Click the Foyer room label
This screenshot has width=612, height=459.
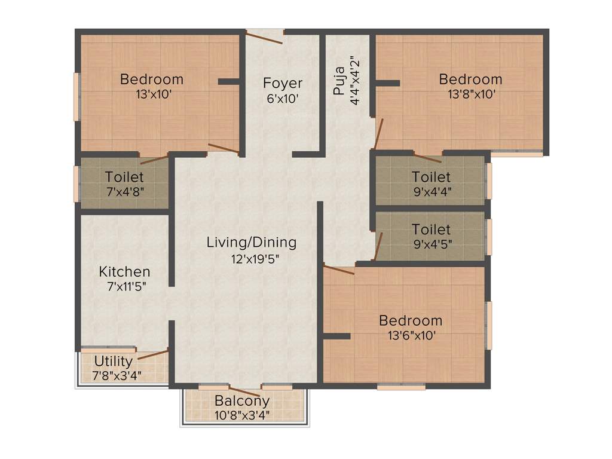click(283, 83)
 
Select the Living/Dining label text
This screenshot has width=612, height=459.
click(251, 242)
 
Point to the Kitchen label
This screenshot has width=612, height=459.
click(124, 271)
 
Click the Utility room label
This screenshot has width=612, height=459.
click(113, 361)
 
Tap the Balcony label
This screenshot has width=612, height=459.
click(242, 400)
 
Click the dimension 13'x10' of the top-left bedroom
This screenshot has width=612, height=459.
click(152, 94)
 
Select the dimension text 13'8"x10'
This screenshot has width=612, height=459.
click(471, 94)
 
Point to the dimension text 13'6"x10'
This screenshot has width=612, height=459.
click(411, 335)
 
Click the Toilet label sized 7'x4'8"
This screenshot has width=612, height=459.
click(124, 177)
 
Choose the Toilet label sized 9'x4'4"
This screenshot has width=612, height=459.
click(431, 177)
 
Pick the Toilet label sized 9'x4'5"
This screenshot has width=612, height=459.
click(431, 229)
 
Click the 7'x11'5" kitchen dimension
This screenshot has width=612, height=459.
click(124, 286)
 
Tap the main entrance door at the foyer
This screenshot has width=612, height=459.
click(264, 38)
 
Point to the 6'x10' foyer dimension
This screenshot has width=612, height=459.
click(283, 99)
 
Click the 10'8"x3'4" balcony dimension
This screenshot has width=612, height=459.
click(242, 414)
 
